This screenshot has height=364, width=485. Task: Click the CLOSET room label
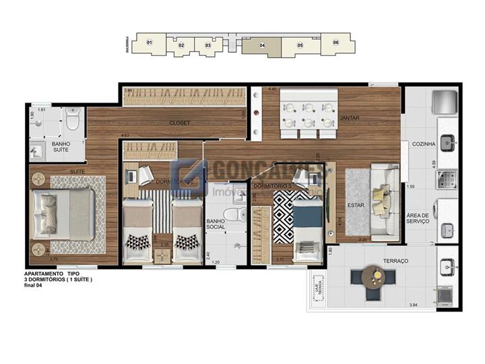click(180, 123)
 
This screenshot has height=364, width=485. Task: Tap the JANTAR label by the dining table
click(350, 118)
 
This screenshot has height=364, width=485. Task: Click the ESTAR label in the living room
click(356, 205)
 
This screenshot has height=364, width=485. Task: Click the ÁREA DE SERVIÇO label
click(418, 219)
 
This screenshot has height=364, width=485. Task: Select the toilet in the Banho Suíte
click(73, 119)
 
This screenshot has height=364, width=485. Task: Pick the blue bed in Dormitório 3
click(307, 222)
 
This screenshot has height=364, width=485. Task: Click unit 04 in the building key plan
click(261, 45)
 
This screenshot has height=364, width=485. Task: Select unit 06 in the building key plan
click(335, 42)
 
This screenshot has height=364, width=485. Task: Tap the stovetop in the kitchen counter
click(447, 178)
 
